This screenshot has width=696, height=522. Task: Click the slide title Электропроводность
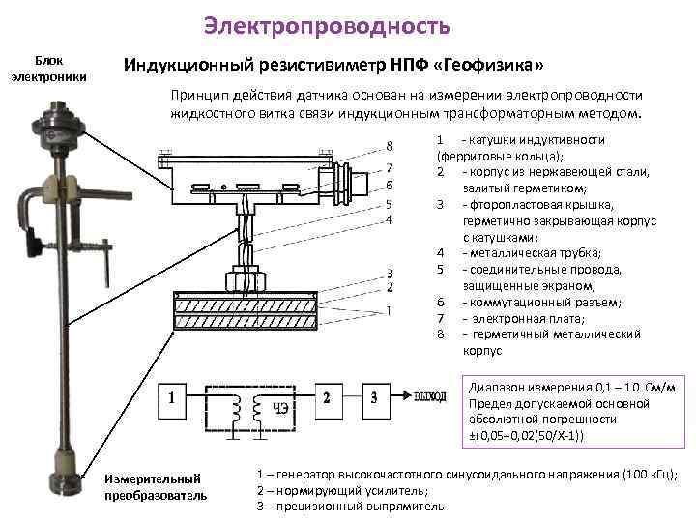pyautogui.click(x=328, y=26)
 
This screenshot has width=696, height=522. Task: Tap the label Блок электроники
pyautogui.click(x=47, y=68)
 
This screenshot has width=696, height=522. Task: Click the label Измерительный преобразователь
pyautogui.click(x=155, y=487)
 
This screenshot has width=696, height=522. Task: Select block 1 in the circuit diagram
pyautogui.click(x=172, y=397)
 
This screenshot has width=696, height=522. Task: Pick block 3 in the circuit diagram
pyautogui.click(x=374, y=397)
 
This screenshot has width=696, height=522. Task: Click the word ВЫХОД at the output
pyautogui.click(x=429, y=397)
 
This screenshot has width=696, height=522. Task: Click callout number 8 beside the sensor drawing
pyautogui.click(x=389, y=146)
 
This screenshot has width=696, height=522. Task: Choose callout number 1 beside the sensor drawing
pyautogui.click(x=389, y=310)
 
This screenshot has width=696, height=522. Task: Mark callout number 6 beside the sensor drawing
pyautogui.click(x=389, y=185)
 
